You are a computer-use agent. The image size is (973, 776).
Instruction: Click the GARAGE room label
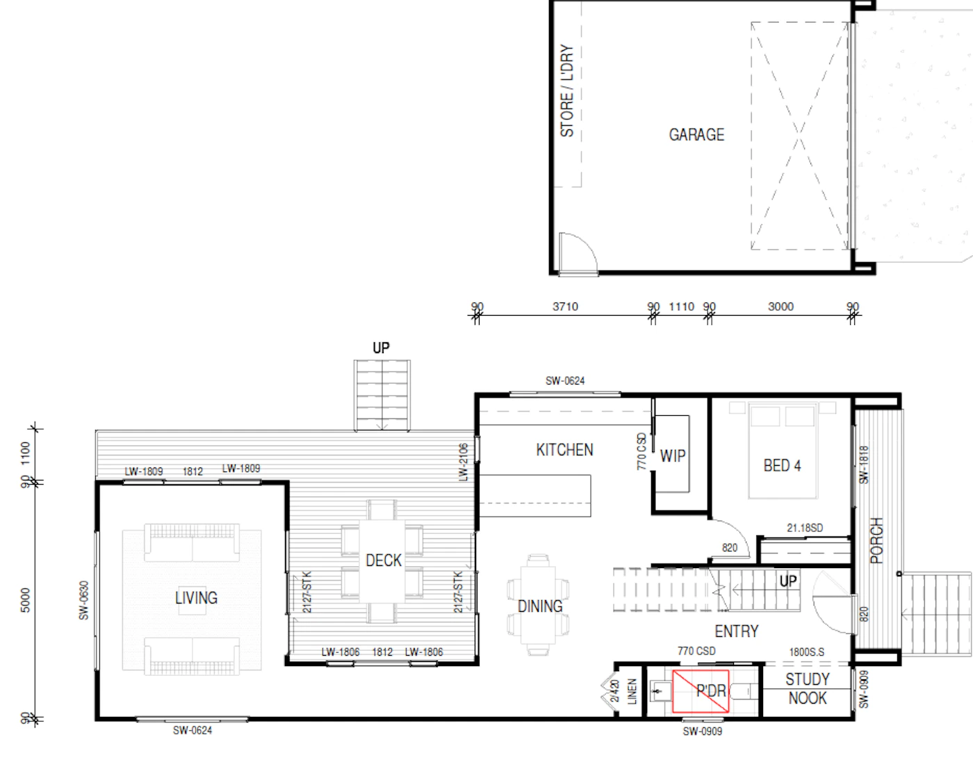click(x=696, y=134)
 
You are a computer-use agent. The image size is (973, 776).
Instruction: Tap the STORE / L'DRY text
click(x=567, y=90)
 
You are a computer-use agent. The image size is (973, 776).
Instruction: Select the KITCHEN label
click(x=564, y=450)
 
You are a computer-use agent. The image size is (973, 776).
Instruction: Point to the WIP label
click(x=673, y=455)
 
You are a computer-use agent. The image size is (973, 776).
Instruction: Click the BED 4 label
click(x=782, y=466)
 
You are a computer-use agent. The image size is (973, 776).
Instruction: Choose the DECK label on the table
click(x=384, y=560)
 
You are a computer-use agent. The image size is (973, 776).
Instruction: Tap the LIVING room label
click(x=196, y=598)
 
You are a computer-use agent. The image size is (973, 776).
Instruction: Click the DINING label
click(x=540, y=606)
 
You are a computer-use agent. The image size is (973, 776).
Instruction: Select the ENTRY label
click(x=737, y=631)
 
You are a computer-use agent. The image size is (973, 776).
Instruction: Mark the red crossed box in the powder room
click(x=701, y=691)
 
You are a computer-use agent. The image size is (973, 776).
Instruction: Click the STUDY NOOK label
click(x=808, y=688)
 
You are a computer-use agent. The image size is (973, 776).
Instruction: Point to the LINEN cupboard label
click(x=632, y=691)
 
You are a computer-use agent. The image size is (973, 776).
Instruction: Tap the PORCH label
click(x=876, y=541)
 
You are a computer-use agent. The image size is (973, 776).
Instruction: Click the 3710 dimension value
click(x=565, y=307)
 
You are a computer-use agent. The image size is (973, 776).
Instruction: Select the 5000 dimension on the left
click(x=25, y=600)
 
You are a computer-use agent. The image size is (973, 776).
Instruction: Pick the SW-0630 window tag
click(x=83, y=600)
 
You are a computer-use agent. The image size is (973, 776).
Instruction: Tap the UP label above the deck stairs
click(x=381, y=348)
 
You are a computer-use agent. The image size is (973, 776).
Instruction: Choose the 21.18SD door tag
click(x=805, y=528)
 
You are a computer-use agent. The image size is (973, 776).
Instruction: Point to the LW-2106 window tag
click(x=463, y=462)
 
